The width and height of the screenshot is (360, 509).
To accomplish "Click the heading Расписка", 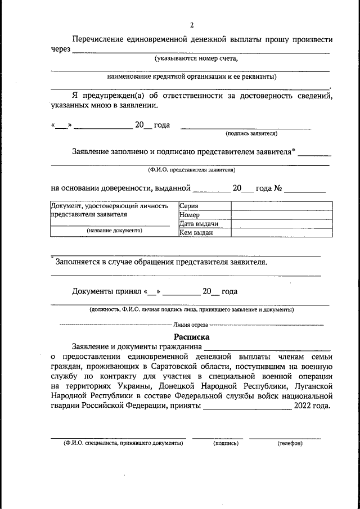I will [x=191, y=337].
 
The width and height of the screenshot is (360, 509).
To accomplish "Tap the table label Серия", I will [x=188, y=206].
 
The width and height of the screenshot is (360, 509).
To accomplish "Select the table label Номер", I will [x=190, y=215].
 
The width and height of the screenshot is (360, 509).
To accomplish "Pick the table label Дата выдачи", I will [x=198, y=223].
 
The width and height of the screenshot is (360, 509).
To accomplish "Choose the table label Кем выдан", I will [x=195, y=232].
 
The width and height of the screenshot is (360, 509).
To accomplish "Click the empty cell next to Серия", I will [x=281, y=206].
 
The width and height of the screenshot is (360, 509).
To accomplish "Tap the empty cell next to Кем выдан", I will [x=281, y=232].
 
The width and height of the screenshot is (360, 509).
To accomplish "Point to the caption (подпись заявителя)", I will [x=251, y=134].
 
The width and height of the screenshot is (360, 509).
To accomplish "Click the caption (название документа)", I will [x=114, y=231].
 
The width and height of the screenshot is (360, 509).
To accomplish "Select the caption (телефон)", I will [x=290, y=443].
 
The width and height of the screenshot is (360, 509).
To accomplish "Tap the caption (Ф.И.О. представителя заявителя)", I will [x=191, y=169].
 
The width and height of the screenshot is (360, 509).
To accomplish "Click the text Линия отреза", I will [x=191, y=325].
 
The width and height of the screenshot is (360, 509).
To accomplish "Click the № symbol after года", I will [x=277, y=188].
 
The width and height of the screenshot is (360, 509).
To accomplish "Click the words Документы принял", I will [x=107, y=291].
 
